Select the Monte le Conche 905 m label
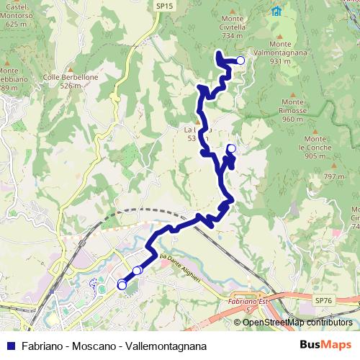[x=316, y=147]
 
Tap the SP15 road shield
[x=164, y=6]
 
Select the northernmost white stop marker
[x=240, y=61]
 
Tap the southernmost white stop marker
[x=121, y=286]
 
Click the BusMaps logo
[x=325, y=345]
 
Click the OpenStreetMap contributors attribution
[x=297, y=323]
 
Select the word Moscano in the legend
[x=94, y=346]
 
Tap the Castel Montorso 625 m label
[x=19, y=15]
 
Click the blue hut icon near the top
[x=276, y=11]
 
